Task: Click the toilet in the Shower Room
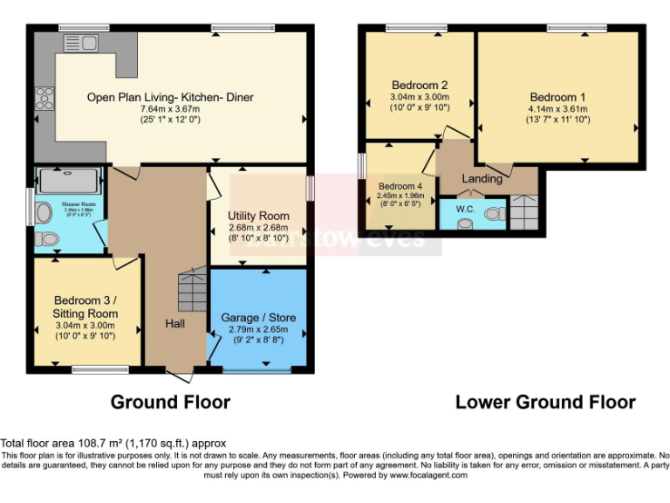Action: [x=47, y=238]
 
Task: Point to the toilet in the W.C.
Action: [x=495, y=214]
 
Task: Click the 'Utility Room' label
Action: [x=258, y=216]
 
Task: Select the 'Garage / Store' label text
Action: [x=257, y=318]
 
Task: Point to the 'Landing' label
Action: [x=482, y=179]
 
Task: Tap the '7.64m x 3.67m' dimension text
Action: [x=169, y=109]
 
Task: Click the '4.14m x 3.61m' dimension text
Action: [x=557, y=109]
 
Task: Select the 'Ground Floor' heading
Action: [x=170, y=402]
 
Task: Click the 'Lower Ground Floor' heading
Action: [x=545, y=402]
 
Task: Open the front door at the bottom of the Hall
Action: [x=181, y=375]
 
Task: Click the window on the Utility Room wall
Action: [x=310, y=189]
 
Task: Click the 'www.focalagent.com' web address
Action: [x=428, y=475]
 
